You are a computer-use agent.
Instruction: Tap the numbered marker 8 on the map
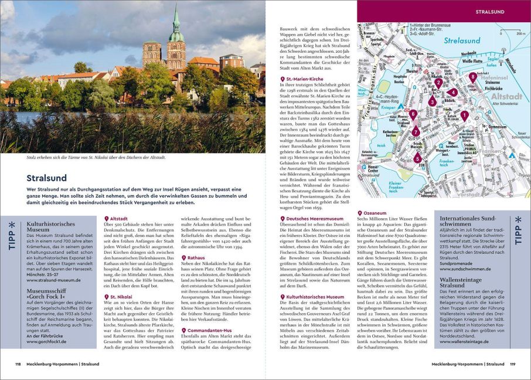(473, 77)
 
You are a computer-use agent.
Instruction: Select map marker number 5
(417, 158)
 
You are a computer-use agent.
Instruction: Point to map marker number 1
(464, 116)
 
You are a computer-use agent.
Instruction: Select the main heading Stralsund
(46, 178)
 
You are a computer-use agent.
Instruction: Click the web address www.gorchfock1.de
(46, 341)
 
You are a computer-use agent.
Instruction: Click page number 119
(513, 364)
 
